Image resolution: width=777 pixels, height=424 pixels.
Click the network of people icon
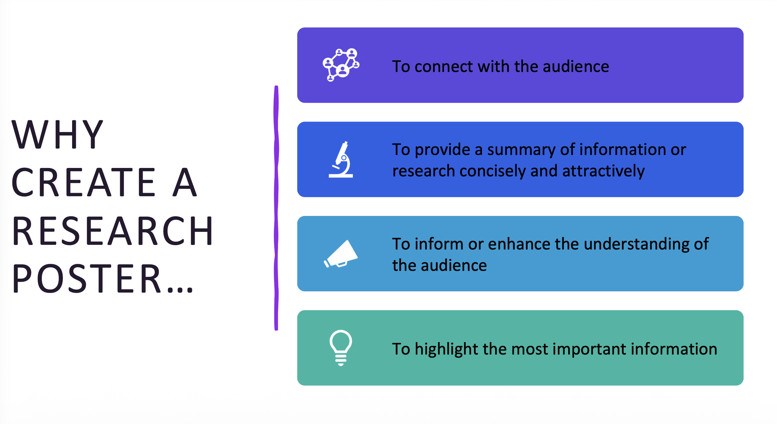tap(341, 65)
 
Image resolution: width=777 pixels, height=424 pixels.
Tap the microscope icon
tap(341, 160)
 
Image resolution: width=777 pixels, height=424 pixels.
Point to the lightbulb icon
tap(341, 348)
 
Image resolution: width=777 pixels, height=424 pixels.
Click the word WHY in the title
tap(57, 134)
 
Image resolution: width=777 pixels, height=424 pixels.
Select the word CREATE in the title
tap(83, 183)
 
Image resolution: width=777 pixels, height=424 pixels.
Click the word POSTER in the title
tap(86, 279)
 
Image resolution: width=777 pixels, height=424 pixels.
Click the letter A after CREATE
tap(185, 183)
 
